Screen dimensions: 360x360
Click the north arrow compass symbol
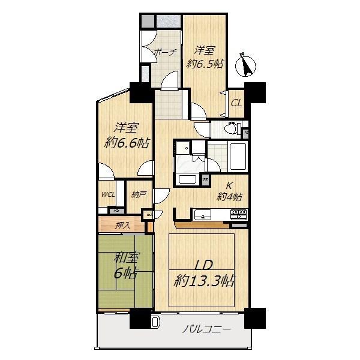coord(245,64)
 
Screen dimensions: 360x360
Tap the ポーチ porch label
coord(164,53)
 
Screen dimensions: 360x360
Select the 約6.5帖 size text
coord(205,63)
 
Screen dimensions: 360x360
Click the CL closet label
coord(236,103)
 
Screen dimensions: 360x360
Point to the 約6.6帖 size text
coord(127,143)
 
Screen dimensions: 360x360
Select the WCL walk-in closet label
coord(109,194)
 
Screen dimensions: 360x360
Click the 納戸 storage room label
coord(138,194)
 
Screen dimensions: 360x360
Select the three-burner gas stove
coord(239,212)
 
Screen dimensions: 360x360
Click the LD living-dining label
coord(204,265)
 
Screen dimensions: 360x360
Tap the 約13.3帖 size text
coord(205,280)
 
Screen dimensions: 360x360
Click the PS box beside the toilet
coord(246,132)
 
